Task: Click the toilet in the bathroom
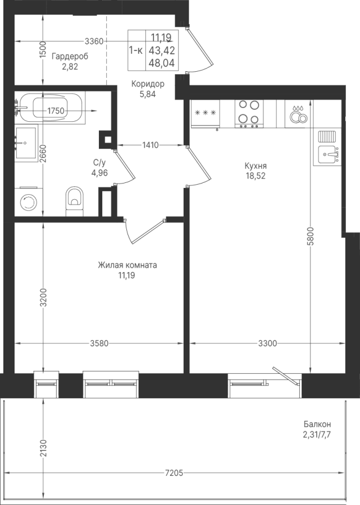tap(75, 201)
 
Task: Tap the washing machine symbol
tap(29, 202)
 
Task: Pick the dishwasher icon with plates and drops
tap(299, 114)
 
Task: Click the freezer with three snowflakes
tap(206, 113)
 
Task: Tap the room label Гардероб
tap(70, 56)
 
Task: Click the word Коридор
tap(148, 84)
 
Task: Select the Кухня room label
tap(256, 166)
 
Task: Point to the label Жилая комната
tap(127, 265)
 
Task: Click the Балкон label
tap(317, 424)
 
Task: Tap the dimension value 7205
tap(174, 473)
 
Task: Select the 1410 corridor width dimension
tap(151, 145)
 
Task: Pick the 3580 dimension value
tap(99, 343)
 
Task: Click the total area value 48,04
tap(162, 63)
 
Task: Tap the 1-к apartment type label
tap(136, 50)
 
